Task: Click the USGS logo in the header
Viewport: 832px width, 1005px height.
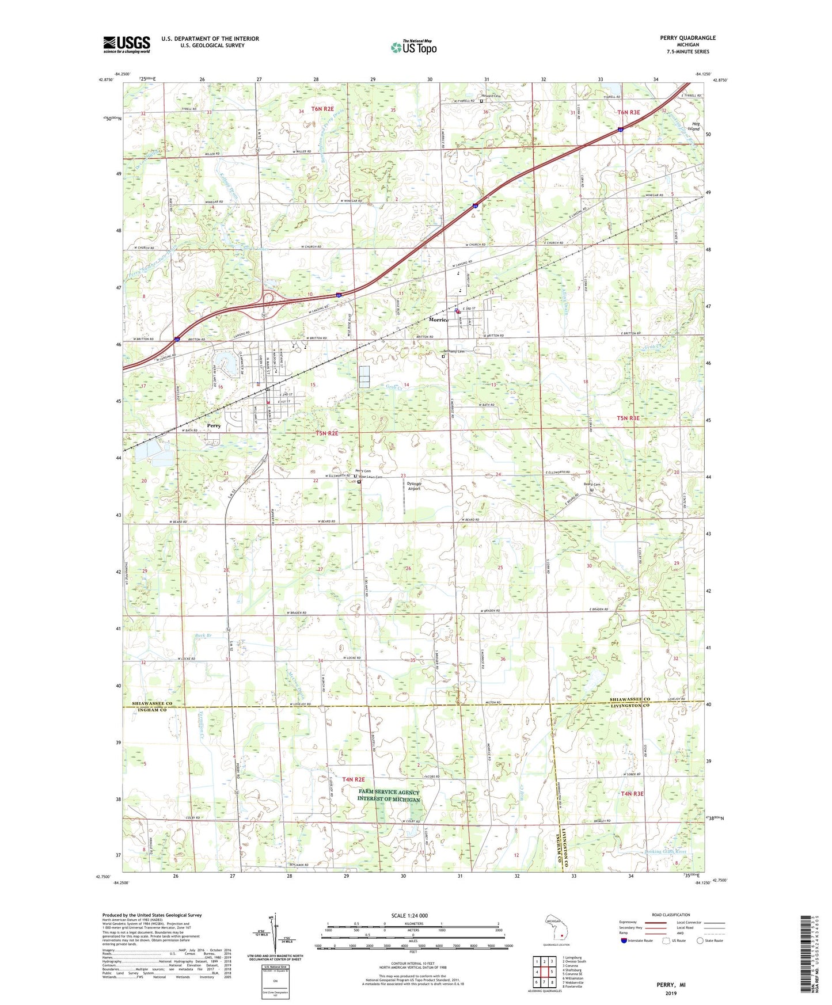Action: [127, 44]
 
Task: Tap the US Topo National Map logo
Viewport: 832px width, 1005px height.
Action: [413, 47]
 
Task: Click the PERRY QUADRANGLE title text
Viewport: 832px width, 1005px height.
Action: [687, 38]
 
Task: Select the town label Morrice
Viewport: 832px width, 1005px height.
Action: [438, 319]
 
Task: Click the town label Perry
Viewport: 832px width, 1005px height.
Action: [214, 426]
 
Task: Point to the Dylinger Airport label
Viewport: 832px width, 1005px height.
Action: [414, 486]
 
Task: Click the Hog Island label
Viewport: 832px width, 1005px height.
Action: [696, 126]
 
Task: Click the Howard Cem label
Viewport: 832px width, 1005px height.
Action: [491, 96]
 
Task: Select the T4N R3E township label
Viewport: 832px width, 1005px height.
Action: [632, 794]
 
